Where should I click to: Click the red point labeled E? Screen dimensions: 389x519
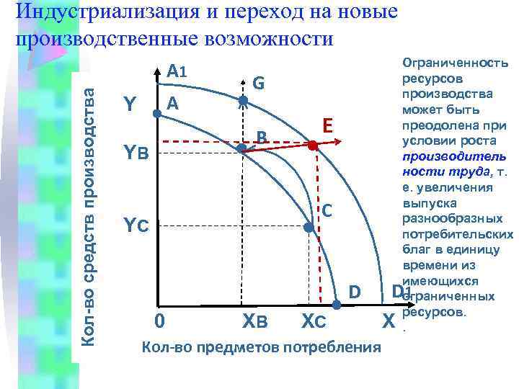pyautogui.click(x=312, y=146)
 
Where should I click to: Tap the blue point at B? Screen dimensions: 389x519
pyautogui.click(x=243, y=149)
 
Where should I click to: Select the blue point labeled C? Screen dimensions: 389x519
pyautogui.click(x=309, y=227)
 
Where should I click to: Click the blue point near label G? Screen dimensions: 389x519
pyautogui.click(x=243, y=101)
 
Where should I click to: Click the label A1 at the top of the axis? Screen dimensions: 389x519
pyautogui.click(x=177, y=72)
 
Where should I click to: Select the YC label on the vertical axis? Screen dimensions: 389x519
pyautogui.click(x=136, y=225)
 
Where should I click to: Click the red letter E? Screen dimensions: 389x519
pyautogui.click(x=327, y=126)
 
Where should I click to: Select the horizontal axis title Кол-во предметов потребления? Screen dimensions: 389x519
pyautogui.click(x=261, y=348)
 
